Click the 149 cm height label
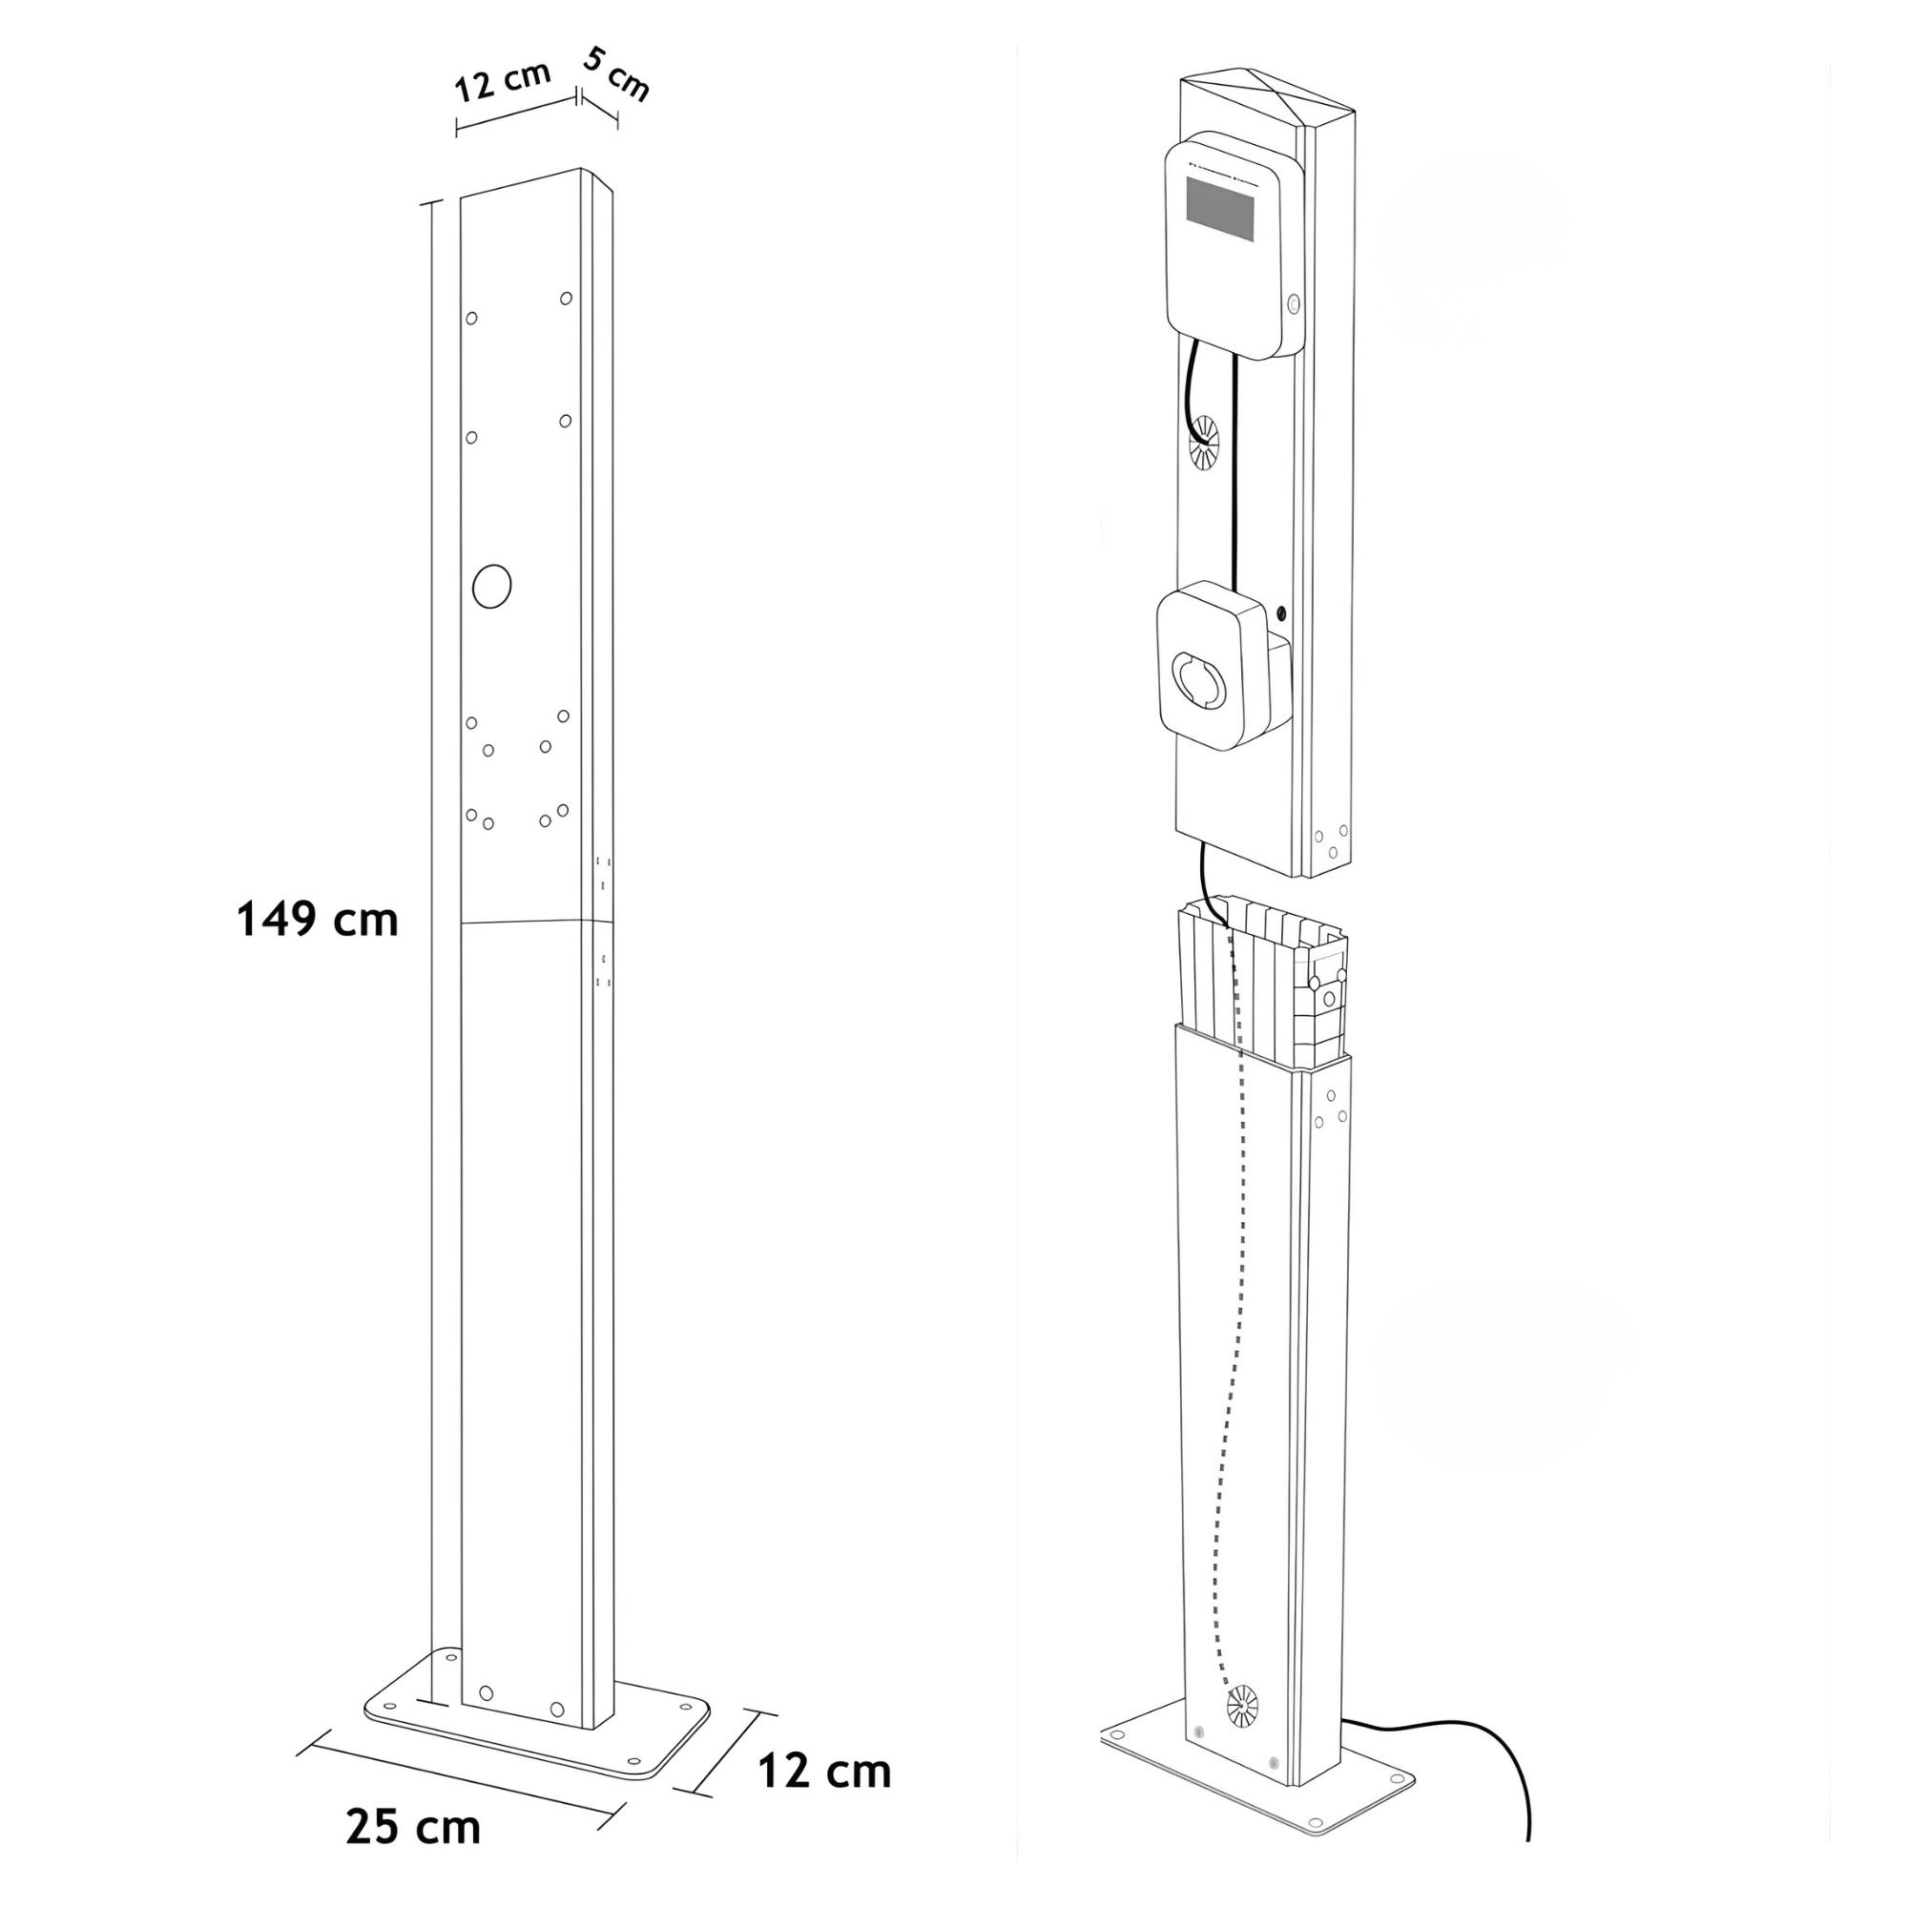(x=317, y=921)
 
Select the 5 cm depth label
(x=616, y=74)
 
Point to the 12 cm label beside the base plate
(x=823, y=1771)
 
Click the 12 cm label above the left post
(x=502, y=82)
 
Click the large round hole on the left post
(x=492, y=587)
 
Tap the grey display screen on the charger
(x=1219, y=210)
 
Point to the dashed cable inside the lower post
(x=1228, y=1382)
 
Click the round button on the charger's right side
(x=1295, y=303)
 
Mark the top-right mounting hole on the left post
(x=566, y=299)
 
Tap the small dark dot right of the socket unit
(x=1282, y=614)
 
